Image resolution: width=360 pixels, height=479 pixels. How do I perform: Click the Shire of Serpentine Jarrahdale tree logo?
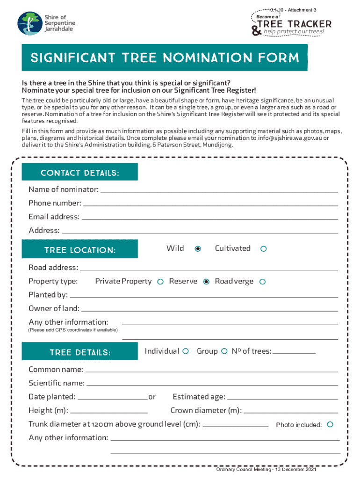[29, 23]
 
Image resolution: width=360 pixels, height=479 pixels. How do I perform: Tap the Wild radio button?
[198, 249]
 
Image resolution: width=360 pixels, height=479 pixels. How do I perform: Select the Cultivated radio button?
[263, 249]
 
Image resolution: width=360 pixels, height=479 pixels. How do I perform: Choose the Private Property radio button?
[160, 282]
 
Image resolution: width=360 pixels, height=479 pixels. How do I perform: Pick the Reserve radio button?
[206, 282]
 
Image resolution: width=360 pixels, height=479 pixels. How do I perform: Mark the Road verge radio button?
[262, 282]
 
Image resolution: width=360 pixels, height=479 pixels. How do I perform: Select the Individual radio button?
[186, 351]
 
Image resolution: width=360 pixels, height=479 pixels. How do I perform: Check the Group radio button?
[224, 351]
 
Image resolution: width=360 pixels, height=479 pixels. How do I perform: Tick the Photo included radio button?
[330, 424]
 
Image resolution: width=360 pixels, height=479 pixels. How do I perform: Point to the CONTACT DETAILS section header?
[80, 173]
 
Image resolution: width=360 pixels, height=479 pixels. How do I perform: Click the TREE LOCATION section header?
[80, 250]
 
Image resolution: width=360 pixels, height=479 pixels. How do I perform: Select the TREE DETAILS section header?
[80, 352]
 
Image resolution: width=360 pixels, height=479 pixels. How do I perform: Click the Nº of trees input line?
[294, 351]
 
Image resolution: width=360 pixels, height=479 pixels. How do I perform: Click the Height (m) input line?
[109, 411]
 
